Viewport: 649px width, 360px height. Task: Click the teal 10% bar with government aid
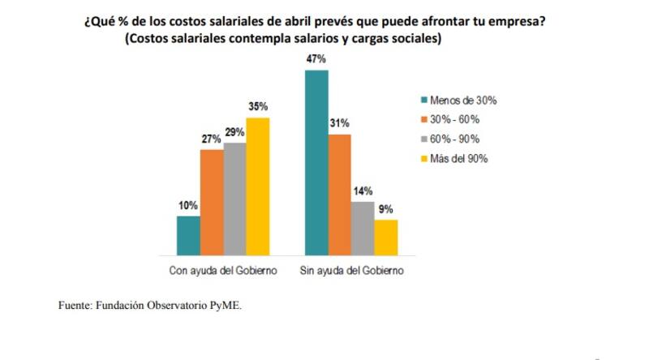[x=188, y=235]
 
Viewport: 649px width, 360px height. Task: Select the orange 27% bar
[x=212, y=202]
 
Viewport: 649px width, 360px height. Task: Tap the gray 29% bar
[x=235, y=199]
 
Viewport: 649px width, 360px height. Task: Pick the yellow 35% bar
[x=258, y=186]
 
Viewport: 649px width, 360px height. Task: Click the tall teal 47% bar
[x=316, y=162]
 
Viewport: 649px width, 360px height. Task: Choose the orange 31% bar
[x=340, y=195]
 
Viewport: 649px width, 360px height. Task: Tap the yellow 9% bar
[x=386, y=237]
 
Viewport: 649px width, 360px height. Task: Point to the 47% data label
[x=316, y=59]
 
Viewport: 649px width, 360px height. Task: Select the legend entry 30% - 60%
[x=457, y=120]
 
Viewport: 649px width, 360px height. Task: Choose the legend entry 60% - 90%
[x=457, y=139]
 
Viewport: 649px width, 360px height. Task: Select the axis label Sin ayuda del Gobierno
[x=351, y=270]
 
